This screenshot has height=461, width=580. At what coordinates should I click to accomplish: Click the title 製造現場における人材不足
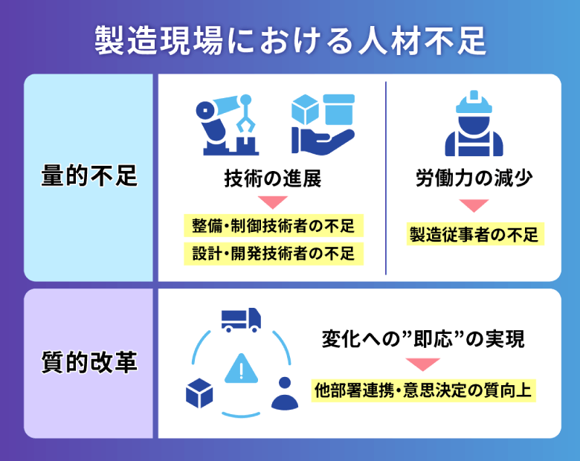(x=290, y=40)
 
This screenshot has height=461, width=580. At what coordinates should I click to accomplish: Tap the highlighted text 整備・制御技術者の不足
(x=273, y=225)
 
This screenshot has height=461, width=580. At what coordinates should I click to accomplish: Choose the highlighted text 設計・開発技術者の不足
(x=273, y=253)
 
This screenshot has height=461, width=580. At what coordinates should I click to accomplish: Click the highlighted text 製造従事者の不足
(x=473, y=234)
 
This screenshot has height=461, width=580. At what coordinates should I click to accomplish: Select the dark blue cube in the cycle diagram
(x=199, y=393)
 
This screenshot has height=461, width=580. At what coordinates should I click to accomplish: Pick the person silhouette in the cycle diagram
(x=283, y=395)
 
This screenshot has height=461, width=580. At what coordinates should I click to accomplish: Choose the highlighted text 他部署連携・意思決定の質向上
(x=423, y=389)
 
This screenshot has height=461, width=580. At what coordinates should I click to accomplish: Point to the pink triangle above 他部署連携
(x=423, y=364)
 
